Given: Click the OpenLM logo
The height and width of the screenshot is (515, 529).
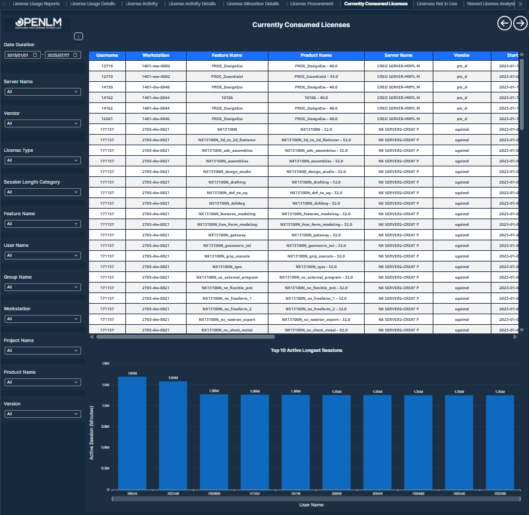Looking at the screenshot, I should (x=42, y=24).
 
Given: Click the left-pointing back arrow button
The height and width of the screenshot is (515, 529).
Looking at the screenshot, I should (x=504, y=24).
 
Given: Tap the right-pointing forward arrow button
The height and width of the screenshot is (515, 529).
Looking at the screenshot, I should (x=520, y=24).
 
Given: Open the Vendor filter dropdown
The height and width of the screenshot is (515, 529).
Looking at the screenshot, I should (x=42, y=123).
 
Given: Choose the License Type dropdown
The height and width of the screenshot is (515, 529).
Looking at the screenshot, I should (x=42, y=160).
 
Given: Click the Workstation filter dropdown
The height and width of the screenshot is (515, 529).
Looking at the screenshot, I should (x=42, y=319).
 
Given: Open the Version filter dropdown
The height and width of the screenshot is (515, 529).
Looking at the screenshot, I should (x=42, y=414).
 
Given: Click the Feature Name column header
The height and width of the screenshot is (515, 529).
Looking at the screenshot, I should (x=227, y=55).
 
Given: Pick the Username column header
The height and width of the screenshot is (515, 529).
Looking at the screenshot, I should (x=107, y=55).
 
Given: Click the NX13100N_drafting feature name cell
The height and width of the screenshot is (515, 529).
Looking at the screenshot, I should (x=227, y=182).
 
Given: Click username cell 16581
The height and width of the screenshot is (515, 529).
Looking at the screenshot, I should (x=107, y=119).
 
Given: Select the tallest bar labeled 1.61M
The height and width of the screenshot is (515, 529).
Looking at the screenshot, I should (x=132, y=432).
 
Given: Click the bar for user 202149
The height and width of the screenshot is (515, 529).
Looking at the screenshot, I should (x=173, y=436).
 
